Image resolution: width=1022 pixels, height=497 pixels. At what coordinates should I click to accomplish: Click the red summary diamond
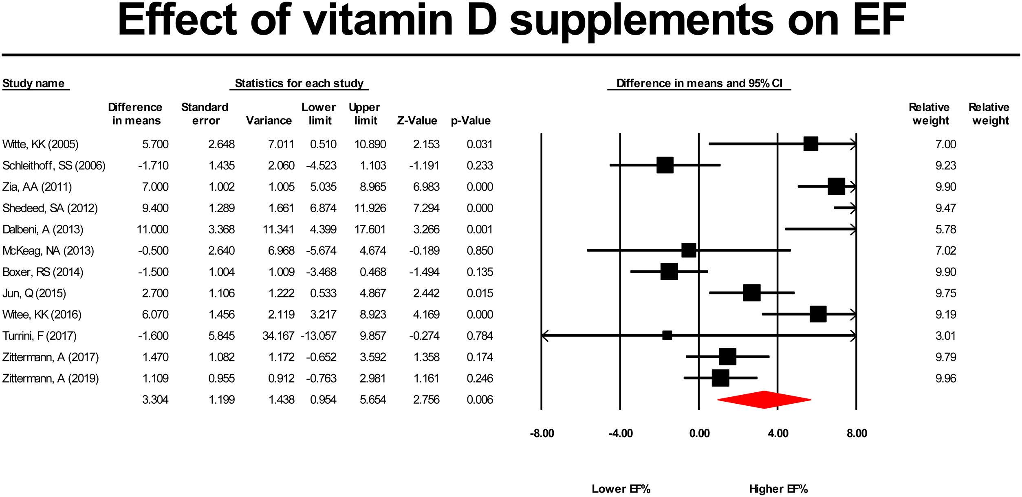point(764,400)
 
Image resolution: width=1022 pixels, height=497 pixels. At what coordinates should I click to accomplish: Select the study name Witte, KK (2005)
point(40,144)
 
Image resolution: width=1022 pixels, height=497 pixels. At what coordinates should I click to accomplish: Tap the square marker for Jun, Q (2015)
point(752,293)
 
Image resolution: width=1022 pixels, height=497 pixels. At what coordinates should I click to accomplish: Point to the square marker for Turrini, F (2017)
point(667,336)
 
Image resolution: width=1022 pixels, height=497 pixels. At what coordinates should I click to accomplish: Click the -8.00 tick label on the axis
point(542,433)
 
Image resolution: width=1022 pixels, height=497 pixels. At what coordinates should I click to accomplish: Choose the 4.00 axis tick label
point(778,433)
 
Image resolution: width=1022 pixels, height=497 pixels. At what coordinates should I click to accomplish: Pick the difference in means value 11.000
point(152,229)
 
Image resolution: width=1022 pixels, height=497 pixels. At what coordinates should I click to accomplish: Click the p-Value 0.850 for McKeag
point(480,251)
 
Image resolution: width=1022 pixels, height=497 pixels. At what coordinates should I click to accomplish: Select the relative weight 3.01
point(946,336)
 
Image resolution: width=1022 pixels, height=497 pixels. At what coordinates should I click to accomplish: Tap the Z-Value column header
point(417,121)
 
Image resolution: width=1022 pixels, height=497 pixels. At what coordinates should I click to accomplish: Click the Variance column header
point(269,121)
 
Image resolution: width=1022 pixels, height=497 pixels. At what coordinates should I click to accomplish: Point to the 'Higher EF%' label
point(778,489)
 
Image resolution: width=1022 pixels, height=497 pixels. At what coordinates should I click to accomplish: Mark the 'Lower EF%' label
point(621,489)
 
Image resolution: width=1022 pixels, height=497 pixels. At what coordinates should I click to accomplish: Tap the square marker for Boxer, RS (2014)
point(669,272)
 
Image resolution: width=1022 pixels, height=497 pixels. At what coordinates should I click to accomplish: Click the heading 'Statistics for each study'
point(299,84)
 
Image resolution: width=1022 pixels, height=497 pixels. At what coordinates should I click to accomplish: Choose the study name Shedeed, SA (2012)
point(50,208)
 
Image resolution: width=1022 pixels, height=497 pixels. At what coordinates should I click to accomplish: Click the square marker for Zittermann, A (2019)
point(720,378)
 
